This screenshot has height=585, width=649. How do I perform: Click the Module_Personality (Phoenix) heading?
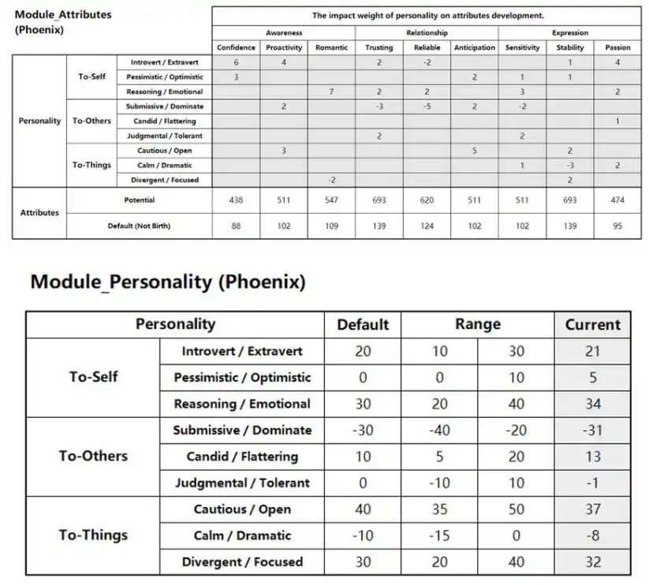167,282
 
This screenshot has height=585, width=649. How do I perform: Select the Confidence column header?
236,47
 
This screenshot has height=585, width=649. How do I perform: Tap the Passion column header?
617,47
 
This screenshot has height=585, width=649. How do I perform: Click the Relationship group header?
427,33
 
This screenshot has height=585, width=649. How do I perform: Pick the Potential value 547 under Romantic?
331,200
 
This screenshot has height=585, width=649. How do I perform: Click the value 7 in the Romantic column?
331,92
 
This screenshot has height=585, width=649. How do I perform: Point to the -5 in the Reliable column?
427,106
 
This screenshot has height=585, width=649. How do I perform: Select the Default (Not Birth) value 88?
236,226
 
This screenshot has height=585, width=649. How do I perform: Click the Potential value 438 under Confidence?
236,200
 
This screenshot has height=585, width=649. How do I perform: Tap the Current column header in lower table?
592,325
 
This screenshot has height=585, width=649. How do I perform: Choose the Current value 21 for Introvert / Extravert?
592,352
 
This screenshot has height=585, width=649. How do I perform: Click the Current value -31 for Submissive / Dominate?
592,430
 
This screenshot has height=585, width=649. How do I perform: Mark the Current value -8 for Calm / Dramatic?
592,536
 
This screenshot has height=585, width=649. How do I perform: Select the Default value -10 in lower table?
363,536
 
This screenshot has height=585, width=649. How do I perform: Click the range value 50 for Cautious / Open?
517,509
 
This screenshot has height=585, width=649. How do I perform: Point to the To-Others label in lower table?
93,456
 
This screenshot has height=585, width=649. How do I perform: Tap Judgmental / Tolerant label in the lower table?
242,483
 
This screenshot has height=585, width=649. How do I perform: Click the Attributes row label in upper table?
39,213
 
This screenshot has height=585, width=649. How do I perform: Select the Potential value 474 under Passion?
617,200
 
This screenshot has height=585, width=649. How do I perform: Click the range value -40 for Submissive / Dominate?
439,430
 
